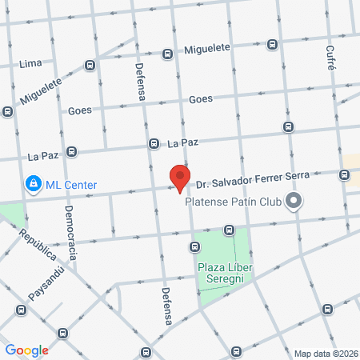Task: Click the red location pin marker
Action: click(180, 178)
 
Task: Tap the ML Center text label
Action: click(70, 186)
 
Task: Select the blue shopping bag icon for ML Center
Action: click(33, 185)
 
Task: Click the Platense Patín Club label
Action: click(234, 202)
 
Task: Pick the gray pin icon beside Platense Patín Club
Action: click(294, 201)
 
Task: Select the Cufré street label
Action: click(330, 58)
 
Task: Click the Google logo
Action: click(26, 350)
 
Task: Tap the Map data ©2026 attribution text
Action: click(326, 354)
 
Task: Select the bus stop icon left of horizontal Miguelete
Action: click(167, 54)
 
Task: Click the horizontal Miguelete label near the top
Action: click(206, 48)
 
